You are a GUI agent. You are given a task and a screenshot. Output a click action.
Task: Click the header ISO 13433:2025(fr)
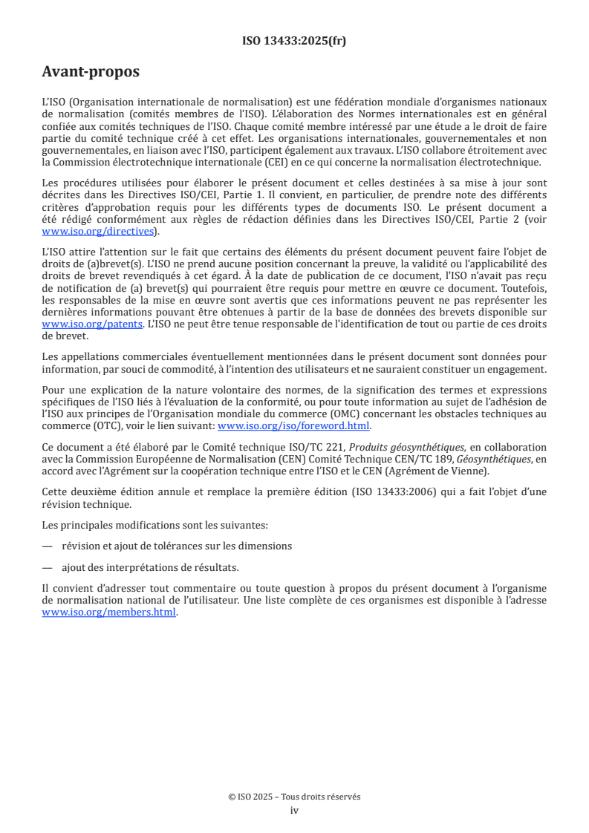(294, 41)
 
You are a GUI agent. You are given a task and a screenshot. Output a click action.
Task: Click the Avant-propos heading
(90, 72)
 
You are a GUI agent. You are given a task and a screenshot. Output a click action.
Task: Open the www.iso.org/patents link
(92, 324)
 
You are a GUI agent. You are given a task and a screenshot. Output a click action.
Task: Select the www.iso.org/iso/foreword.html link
(293, 426)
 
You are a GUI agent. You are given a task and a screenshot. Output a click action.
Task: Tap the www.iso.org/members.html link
(109, 612)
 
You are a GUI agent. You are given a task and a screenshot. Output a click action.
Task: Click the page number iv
(294, 810)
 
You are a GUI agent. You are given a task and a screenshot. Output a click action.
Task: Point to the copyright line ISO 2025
(294, 797)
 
